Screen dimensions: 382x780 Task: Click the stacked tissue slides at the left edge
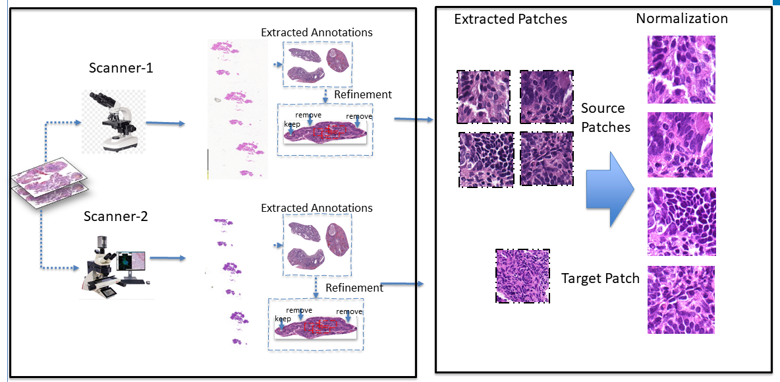click(50, 181)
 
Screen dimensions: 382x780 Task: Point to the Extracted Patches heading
click(511, 19)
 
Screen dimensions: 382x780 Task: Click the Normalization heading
click(682, 18)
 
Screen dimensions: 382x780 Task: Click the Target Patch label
click(600, 278)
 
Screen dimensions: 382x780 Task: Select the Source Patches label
click(605, 117)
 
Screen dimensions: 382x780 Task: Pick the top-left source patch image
click(483, 96)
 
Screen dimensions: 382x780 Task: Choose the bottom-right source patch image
click(546, 158)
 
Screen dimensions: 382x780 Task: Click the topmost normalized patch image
click(681, 69)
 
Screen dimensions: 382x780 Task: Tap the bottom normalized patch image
click(681, 299)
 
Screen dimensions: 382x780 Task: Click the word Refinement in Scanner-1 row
click(363, 94)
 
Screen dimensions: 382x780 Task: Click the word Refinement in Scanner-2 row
click(354, 288)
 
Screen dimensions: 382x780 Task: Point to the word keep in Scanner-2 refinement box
click(283, 319)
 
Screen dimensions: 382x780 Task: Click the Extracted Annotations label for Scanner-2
click(317, 208)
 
